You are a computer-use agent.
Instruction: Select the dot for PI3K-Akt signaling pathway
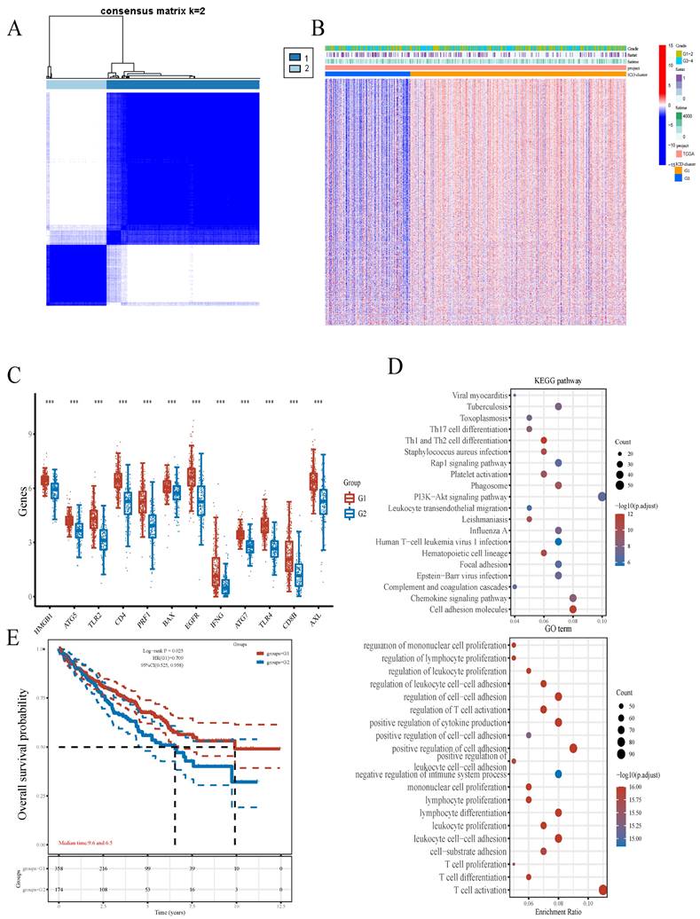point(602,497)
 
